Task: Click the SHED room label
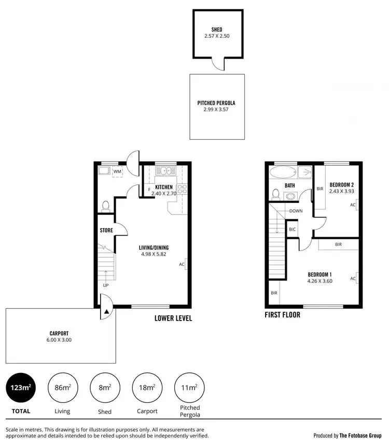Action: pos(216,30)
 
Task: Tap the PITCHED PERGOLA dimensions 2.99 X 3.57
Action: pos(216,110)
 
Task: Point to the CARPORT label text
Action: pos(60,334)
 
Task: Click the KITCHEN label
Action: pos(164,187)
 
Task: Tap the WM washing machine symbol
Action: pos(118,171)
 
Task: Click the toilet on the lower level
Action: pos(106,206)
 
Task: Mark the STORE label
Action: pos(106,230)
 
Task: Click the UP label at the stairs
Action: pos(106,285)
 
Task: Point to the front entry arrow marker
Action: pos(106,312)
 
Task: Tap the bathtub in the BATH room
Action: pos(283,172)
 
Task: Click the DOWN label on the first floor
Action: pos(296,211)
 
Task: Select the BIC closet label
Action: pos(292,229)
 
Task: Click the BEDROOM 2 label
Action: pos(342,185)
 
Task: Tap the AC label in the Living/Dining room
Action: pos(182,264)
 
